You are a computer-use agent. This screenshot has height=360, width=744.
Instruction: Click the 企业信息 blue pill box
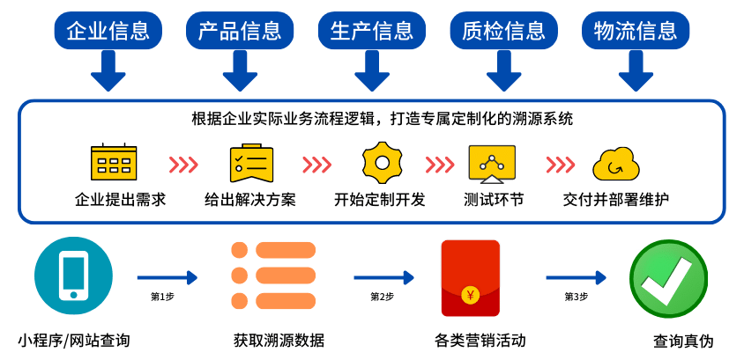point(108,31)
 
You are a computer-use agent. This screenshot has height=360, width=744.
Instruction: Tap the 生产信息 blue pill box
point(371,31)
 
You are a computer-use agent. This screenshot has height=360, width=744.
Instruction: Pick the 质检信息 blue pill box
point(503,31)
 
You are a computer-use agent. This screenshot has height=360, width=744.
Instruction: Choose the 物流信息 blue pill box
point(635,31)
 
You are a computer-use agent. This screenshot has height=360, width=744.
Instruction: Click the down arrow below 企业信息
point(108,71)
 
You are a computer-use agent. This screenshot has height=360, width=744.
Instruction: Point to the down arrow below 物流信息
point(635,71)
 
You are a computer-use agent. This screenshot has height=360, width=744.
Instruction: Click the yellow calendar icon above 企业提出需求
point(114,162)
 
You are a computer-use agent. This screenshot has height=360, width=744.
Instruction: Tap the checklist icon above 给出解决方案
point(250,163)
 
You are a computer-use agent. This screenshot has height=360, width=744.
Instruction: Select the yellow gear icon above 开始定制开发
point(382,162)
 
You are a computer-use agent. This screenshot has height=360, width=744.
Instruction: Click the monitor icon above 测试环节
point(492,163)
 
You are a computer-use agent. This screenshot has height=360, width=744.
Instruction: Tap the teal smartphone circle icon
point(73,276)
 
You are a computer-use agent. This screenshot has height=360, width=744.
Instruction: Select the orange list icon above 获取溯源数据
point(273,276)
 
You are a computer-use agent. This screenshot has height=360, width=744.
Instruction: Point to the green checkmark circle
point(668,278)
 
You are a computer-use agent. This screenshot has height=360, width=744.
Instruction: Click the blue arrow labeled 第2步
point(383,278)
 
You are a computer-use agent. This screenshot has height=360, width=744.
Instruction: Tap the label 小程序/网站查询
point(74,340)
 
